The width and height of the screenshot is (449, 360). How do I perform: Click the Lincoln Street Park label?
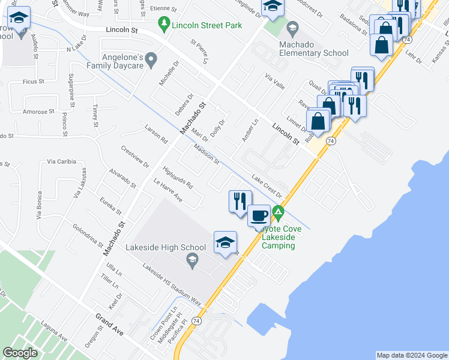[206, 25]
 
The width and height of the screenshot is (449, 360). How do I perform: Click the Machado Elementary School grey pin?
[292, 28]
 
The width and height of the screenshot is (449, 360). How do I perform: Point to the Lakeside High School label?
[166, 247]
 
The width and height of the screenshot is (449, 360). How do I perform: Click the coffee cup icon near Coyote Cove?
[259, 215]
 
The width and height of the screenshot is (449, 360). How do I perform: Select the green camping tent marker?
[278, 212]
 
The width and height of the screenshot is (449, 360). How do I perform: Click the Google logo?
[20, 352]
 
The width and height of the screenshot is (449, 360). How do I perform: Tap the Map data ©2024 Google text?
[412, 355]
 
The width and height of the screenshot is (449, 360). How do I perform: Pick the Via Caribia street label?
[61, 161]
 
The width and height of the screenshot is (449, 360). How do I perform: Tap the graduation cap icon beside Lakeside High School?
[225, 242]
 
